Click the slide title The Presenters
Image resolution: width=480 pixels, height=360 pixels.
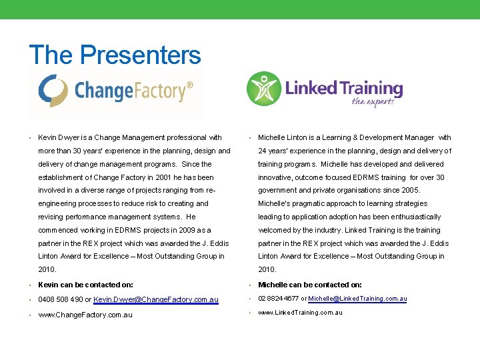[x=115, y=55]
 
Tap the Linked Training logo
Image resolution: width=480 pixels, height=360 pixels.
[x=325, y=90]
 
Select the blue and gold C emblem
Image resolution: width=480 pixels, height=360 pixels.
[x=53, y=91]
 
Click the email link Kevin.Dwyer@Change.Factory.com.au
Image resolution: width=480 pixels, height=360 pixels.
[x=156, y=300]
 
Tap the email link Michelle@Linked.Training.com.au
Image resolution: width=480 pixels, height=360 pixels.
[x=357, y=299]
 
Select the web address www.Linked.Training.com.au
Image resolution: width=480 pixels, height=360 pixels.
[x=300, y=312]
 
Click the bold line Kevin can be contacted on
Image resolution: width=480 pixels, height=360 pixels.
[x=85, y=285]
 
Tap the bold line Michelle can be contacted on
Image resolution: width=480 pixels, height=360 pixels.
[x=310, y=285]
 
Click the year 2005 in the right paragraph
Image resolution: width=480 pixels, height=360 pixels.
[x=410, y=190]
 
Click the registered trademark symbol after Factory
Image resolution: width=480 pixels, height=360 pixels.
[x=190, y=85]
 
